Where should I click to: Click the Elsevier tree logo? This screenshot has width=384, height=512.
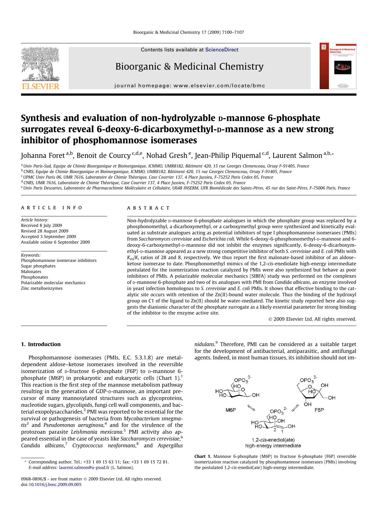pos(40,65)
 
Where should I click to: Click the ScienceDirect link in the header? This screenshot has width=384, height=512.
pos(222,50)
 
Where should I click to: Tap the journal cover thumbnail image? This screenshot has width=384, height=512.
pos(338,66)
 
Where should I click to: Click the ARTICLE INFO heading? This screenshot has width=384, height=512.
pos(52,208)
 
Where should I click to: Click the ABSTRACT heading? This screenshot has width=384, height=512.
pos(149,208)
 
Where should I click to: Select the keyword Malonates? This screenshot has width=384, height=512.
pos(31,271)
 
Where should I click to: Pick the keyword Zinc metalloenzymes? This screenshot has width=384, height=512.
pos(42,288)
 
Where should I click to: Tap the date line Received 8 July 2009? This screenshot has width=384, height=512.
pos(41,225)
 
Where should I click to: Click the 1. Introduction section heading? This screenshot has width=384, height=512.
pos(41,344)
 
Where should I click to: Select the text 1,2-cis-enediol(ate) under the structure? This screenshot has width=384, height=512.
pos(273,440)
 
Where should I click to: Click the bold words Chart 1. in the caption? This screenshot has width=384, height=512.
pos(203,456)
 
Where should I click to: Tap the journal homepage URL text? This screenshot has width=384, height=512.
pos(189,85)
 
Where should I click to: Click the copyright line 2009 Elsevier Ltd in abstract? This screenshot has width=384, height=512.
pos(312,319)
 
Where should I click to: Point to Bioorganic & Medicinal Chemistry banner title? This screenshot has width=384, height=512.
pos(189,66)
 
